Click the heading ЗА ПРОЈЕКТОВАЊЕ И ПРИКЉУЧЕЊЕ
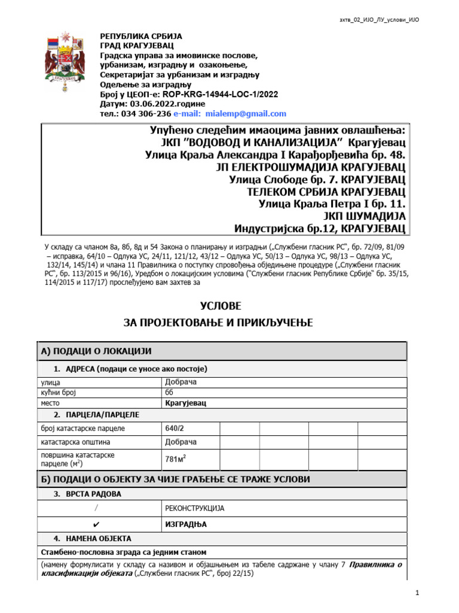coord(218,323)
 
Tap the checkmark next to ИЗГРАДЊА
coord(96,523)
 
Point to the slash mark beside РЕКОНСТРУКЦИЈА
coord(96,508)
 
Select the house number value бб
coord(168,393)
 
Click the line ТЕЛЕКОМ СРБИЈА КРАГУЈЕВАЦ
coord(326,192)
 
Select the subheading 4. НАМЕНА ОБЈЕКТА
coord(93,538)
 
